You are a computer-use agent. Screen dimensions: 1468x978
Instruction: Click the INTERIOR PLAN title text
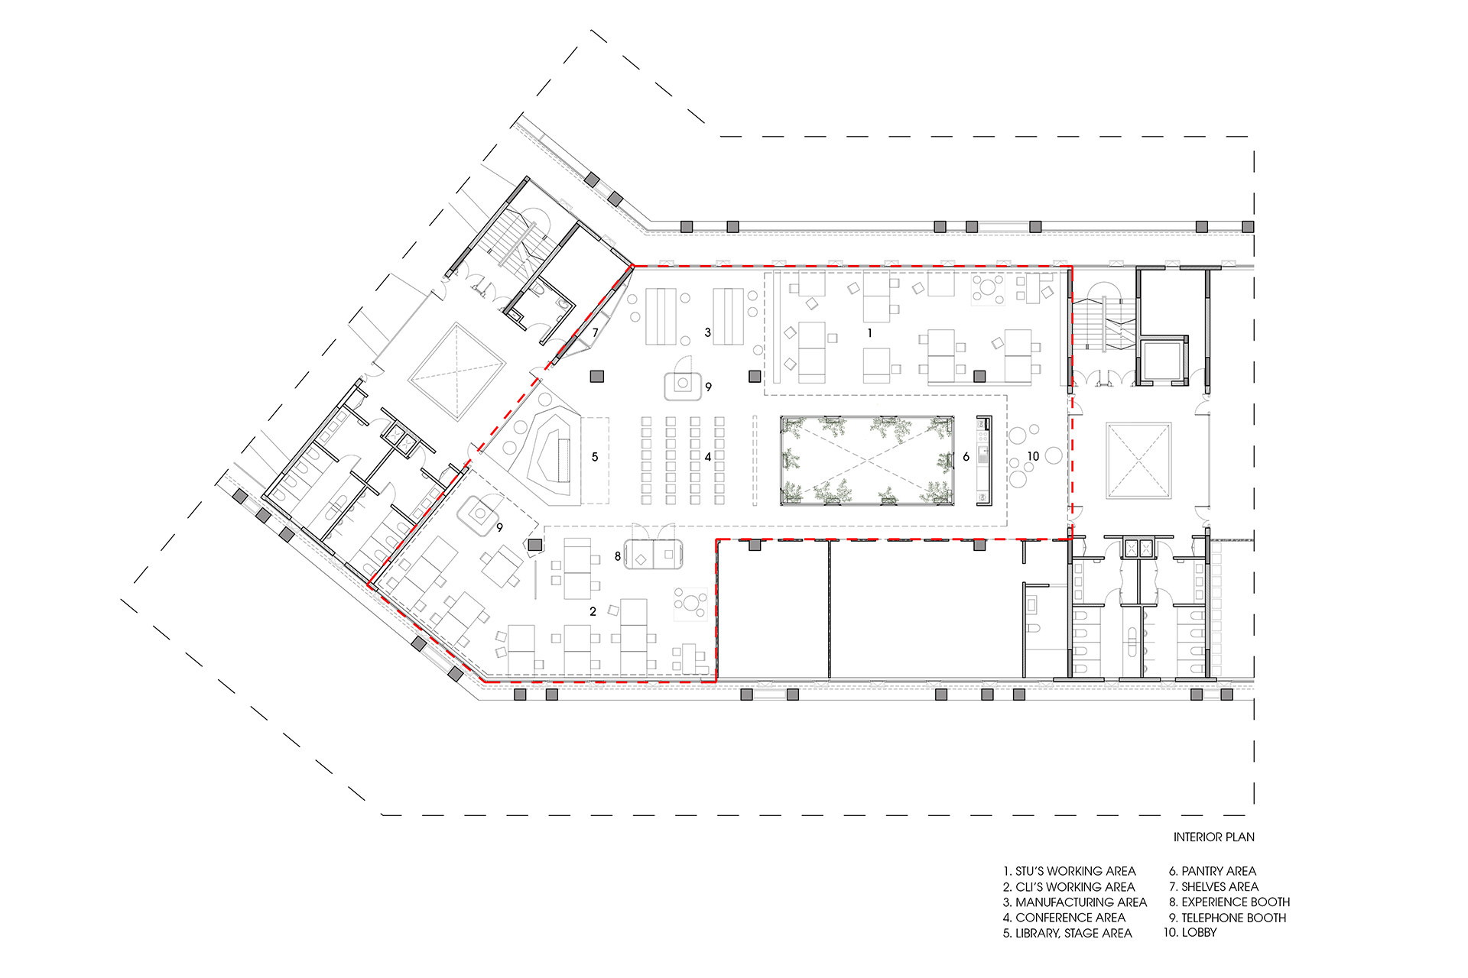1213,837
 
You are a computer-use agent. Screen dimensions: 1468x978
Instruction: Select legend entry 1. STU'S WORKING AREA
1070,871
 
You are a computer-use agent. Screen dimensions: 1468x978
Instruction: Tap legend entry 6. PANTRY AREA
1213,871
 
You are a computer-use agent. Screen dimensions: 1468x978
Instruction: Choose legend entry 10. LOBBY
1190,932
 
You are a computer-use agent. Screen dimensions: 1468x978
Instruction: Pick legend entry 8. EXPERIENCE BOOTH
1229,902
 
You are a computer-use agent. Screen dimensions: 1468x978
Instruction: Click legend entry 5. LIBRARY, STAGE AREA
1067,933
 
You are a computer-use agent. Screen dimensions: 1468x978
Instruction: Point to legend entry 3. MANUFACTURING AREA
1075,902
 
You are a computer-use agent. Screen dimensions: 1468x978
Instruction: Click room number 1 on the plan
869,333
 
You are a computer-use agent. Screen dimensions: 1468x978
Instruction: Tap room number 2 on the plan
593,611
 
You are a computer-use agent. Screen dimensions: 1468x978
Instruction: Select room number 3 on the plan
708,332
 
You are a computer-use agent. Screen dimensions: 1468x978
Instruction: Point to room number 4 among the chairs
708,457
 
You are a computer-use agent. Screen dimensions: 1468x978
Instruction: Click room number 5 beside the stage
595,457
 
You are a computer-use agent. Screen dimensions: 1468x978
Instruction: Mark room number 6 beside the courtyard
966,457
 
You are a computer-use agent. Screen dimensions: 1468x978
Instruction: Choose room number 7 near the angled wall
596,332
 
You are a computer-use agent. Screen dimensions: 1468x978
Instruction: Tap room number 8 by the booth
618,556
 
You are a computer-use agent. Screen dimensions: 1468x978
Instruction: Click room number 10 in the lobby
1033,456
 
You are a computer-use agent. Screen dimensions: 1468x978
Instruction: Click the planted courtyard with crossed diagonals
867,461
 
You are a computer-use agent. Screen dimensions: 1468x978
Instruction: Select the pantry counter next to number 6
984,460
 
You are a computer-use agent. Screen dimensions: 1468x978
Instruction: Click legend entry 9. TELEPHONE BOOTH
1228,918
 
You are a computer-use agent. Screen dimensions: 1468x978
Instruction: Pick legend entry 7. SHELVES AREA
1214,887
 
